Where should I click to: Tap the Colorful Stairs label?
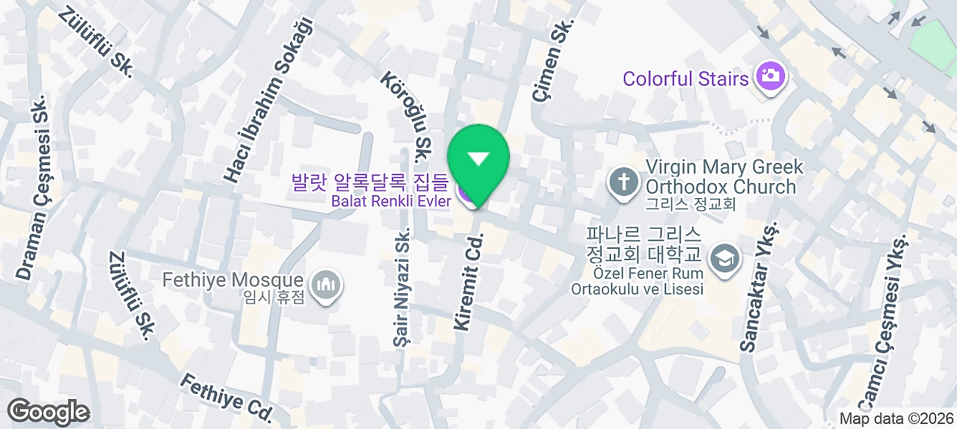(x=685, y=78)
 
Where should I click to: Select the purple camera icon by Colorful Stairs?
(x=769, y=77)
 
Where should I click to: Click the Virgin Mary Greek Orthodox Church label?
(x=724, y=176)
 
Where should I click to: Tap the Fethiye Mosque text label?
(x=233, y=281)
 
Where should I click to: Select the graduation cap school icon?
(x=724, y=259)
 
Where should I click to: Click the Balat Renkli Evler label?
(x=392, y=201)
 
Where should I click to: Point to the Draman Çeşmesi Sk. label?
(x=34, y=188)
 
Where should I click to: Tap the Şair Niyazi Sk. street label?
(x=403, y=287)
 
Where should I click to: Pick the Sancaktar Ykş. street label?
(x=759, y=286)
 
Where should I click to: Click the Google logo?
(x=49, y=412)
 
